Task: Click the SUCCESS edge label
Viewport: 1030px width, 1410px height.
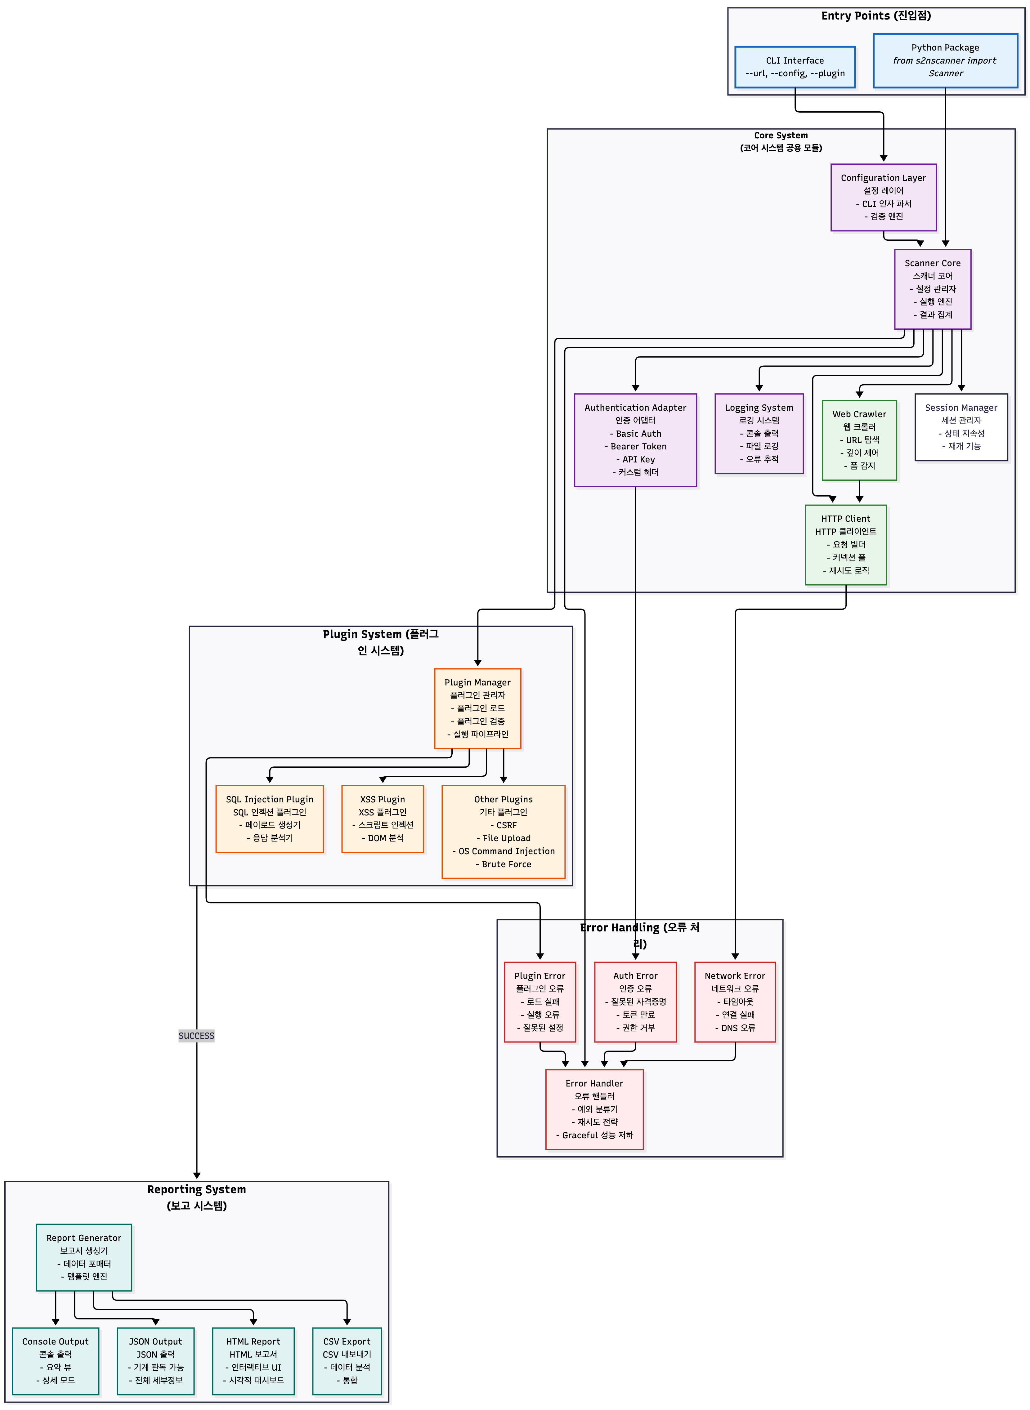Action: point(196,1035)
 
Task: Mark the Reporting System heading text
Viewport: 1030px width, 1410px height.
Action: point(196,1197)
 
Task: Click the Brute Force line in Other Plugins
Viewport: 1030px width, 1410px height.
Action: point(503,864)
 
